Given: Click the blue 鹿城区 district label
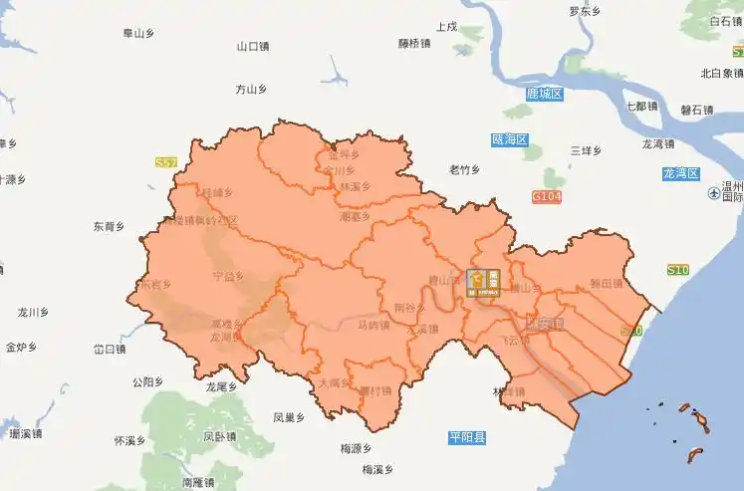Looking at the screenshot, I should [x=545, y=94].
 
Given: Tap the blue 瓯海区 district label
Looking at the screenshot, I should [x=510, y=140].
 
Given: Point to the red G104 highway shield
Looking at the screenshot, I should [x=547, y=197].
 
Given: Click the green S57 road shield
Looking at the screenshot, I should [x=166, y=161].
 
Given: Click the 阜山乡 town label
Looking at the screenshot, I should [x=139, y=33].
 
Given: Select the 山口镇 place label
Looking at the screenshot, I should [x=253, y=46].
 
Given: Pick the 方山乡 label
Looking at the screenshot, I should [x=251, y=90].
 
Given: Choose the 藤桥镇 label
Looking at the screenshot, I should [x=413, y=43].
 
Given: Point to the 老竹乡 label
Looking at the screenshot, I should [x=465, y=168].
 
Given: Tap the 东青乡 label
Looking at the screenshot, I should [x=109, y=225].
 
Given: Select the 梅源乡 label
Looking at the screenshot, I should [x=355, y=448].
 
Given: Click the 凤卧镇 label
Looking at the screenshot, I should [x=219, y=435].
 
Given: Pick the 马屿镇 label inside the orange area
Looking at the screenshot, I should [x=373, y=326].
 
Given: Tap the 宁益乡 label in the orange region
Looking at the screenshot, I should [x=228, y=277].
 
